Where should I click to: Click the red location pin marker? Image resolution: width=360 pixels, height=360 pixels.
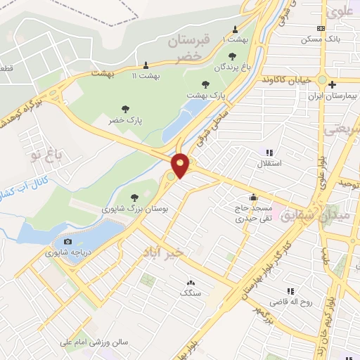[x=181, y=165]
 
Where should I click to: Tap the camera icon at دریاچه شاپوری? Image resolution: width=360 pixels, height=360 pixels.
[x=67, y=242]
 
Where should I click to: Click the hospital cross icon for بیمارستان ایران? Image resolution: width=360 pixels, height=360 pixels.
[x=333, y=84]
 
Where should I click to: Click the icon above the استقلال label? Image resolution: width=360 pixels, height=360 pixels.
[x=269, y=153]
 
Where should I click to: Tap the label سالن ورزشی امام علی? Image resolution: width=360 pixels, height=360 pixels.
[x=94, y=342]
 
